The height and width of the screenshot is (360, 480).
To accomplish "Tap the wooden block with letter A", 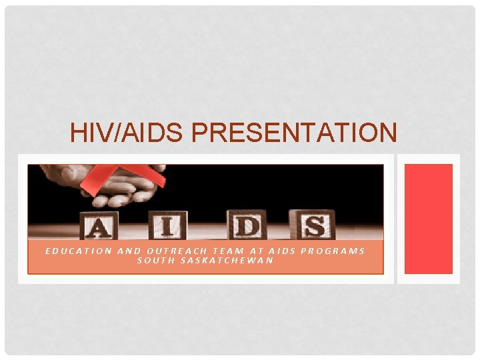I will click(97, 226).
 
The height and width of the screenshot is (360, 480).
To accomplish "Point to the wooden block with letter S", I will click(312, 225).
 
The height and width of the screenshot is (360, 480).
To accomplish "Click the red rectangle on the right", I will click(429, 219).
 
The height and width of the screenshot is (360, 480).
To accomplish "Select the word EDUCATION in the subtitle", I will click(78, 251).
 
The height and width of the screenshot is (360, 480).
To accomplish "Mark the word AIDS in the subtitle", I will click(283, 251).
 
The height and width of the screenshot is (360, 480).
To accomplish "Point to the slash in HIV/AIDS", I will click(113, 133).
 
